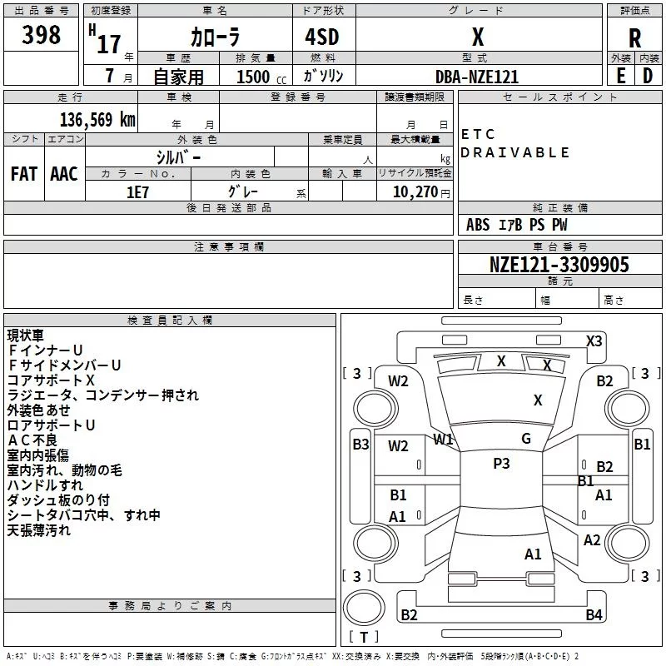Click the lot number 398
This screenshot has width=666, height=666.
(x=41, y=35)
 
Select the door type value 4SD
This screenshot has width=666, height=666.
(x=322, y=38)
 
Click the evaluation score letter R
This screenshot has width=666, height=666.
(x=634, y=38)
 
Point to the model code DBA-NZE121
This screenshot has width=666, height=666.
(x=477, y=77)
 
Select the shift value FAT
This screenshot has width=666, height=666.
(x=24, y=174)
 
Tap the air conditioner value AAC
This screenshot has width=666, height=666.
(x=64, y=174)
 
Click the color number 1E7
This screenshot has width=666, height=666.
(x=137, y=191)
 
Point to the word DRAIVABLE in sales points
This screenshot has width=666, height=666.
(x=514, y=152)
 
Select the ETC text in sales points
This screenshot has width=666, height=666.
(x=478, y=134)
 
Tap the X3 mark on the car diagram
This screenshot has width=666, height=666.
(x=594, y=340)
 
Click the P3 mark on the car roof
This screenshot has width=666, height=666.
(x=501, y=464)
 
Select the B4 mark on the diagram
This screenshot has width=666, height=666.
(x=594, y=615)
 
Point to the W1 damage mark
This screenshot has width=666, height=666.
(x=443, y=439)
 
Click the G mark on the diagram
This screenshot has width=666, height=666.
(x=526, y=439)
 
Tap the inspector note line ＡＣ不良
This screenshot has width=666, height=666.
(x=33, y=440)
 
